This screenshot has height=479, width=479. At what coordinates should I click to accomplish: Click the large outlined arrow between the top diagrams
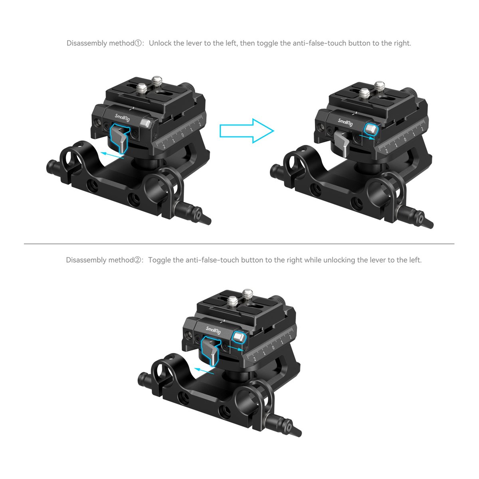pyautogui.click(x=247, y=131)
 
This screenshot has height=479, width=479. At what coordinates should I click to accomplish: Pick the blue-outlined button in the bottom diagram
pyautogui.click(x=239, y=337)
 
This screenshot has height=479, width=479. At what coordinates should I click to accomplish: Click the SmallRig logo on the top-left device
pyautogui.click(x=122, y=117)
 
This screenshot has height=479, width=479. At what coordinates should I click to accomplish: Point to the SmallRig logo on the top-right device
pyautogui.click(x=345, y=122)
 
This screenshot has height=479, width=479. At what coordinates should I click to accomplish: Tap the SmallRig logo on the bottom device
pyautogui.click(x=213, y=330)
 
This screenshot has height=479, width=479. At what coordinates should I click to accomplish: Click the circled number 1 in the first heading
pyautogui.click(x=138, y=43)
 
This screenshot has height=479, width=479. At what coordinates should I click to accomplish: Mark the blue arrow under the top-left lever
pyautogui.click(x=112, y=156)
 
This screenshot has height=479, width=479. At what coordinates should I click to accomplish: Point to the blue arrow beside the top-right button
pyautogui.click(x=367, y=137)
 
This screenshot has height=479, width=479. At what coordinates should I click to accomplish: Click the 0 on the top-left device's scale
pyautogui.click(x=183, y=135)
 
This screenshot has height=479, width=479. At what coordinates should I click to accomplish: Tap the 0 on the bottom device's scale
pyautogui.click(x=273, y=347)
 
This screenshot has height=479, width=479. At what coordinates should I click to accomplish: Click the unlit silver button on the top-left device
pyautogui.click(x=146, y=123)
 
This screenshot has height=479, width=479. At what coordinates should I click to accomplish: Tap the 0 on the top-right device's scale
pyautogui.click(x=405, y=139)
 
